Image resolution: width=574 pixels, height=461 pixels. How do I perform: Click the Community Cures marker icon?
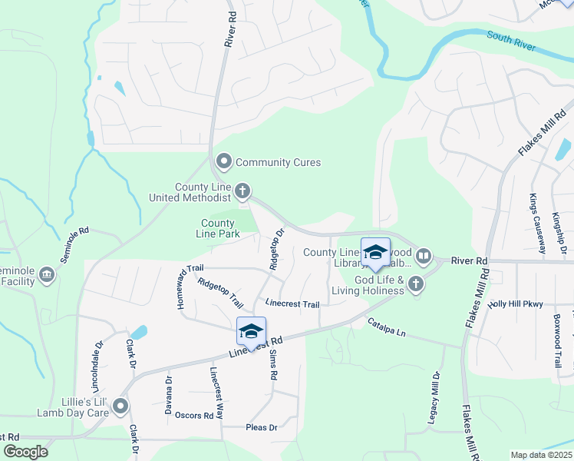(224, 162)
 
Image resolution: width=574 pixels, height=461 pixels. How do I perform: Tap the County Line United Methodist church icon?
(242, 190)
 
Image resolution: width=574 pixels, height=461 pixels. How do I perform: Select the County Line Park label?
(218, 228)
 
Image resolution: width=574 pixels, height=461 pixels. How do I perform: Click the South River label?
(510, 41)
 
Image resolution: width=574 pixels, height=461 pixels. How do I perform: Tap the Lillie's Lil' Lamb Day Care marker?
(120, 406)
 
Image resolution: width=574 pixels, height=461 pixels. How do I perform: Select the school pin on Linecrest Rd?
(251, 331)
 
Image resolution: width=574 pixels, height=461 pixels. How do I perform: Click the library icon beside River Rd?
(423, 255)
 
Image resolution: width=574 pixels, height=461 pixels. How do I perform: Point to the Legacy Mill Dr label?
(436, 400)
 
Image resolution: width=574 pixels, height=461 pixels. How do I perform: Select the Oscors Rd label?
(193, 415)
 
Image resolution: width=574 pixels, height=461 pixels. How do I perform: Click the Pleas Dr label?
(261, 427)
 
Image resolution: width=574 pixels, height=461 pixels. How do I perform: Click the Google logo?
(26, 452)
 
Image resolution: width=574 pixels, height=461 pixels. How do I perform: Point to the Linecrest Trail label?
(292, 303)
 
